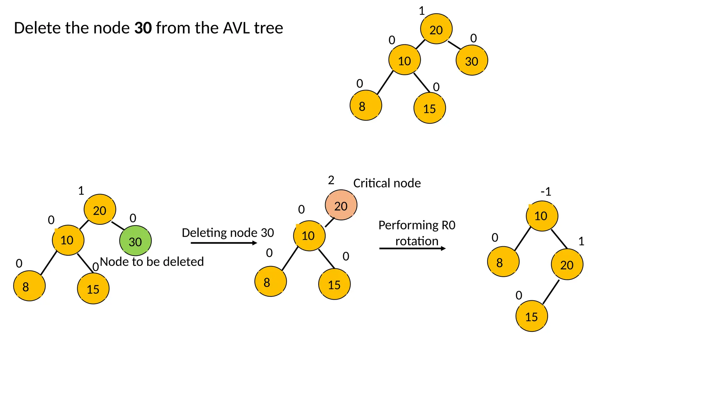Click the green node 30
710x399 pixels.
pyautogui.click(x=135, y=241)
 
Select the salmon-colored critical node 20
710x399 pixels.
pyautogui.click(x=341, y=205)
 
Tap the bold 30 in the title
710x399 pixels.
pyautogui.click(x=143, y=28)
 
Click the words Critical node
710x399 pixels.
pyautogui.click(x=387, y=183)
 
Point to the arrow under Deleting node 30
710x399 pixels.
pyautogui.click(x=224, y=243)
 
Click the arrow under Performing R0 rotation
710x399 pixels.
pyautogui.click(x=412, y=248)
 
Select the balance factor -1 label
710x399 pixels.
pyautogui.click(x=546, y=192)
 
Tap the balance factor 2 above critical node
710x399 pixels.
pyautogui.click(x=331, y=180)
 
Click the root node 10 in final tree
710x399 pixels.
pyautogui.click(x=542, y=216)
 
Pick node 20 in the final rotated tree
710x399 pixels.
pyautogui.click(x=567, y=265)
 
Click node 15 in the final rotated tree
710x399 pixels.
pyautogui.click(x=531, y=317)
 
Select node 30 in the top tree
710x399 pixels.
pyautogui.click(x=471, y=61)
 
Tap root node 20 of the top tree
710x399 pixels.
pyautogui.click(x=436, y=29)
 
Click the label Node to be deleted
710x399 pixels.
pyautogui.click(x=152, y=262)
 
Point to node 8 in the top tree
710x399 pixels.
pyautogui.click(x=365, y=106)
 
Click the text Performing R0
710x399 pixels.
pyautogui.click(x=417, y=225)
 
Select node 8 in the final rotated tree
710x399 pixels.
pyautogui.click(x=503, y=262)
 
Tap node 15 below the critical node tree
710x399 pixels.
pyautogui.click(x=334, y=284)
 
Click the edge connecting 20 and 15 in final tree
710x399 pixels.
pyautogui.click(x=551, y=292)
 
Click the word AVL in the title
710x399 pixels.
pyautogui.click(x=237, y=28)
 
